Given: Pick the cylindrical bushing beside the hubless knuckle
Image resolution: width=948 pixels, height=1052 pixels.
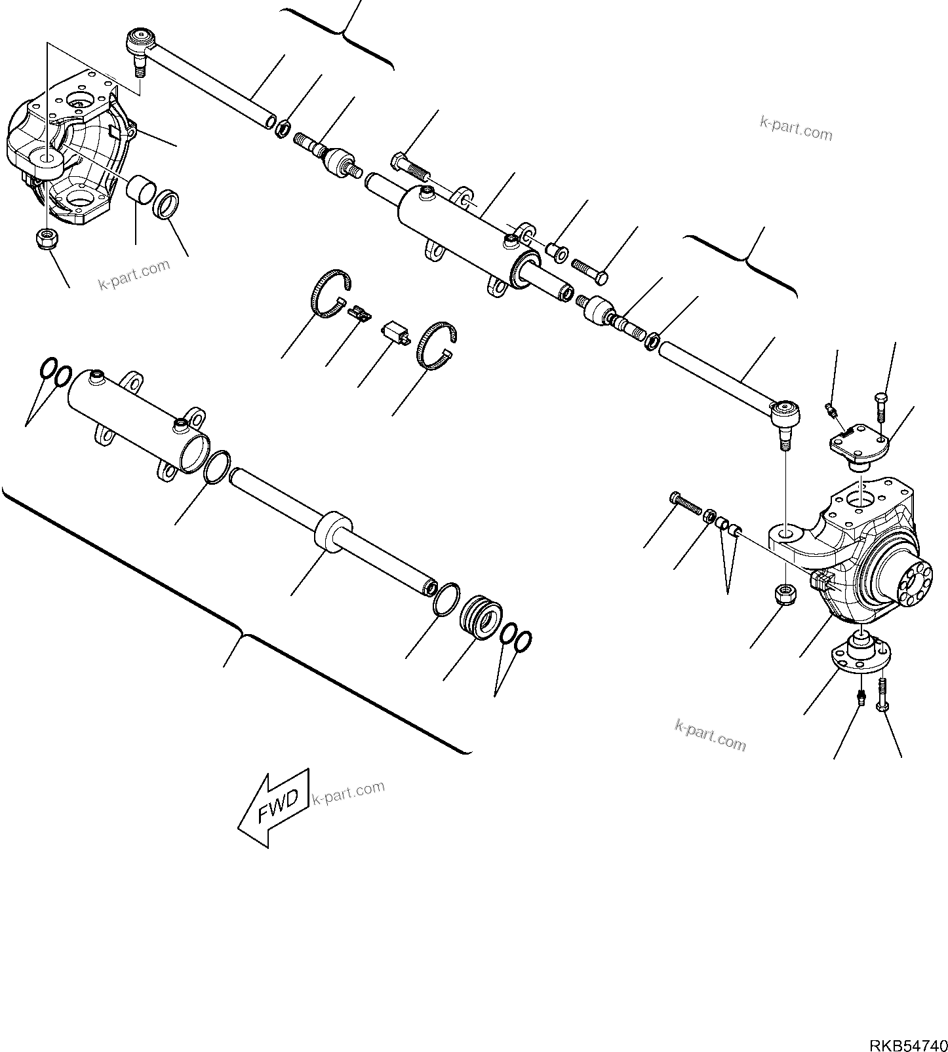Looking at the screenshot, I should tap(142, 192).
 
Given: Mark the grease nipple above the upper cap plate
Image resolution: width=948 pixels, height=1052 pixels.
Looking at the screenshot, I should tap(831, 411).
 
